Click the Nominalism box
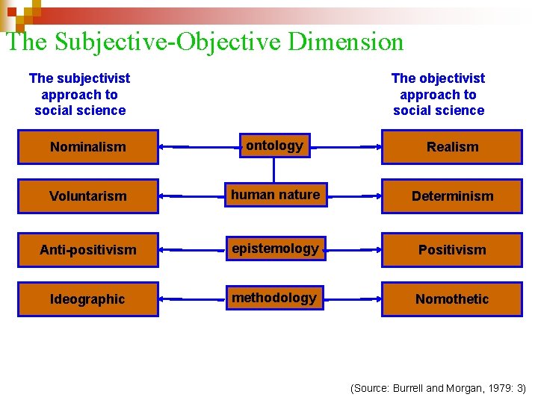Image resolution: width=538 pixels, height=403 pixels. pos(88,147)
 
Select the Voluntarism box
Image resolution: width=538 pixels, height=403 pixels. pos(88,196)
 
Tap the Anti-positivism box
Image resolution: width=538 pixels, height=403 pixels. pos(88,250)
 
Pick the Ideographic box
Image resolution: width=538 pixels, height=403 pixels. pos(88,299)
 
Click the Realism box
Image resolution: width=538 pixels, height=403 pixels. pos(452,147)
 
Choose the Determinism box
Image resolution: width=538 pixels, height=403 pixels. pos(452,196)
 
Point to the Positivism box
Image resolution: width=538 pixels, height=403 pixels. pos(452,250)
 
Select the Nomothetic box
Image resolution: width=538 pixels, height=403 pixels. pos(452,299)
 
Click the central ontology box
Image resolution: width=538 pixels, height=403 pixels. pos(274,146)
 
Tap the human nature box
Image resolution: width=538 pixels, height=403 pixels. pos(275,196)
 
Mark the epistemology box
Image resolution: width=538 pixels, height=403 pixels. pos(275,249)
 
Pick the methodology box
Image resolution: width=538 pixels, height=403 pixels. pos(274,299)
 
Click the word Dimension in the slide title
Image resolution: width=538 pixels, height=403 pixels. pos(345,42)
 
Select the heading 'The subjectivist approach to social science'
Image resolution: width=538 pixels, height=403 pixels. pos(80,95)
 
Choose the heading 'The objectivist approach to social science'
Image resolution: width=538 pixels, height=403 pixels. pos(439,95)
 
